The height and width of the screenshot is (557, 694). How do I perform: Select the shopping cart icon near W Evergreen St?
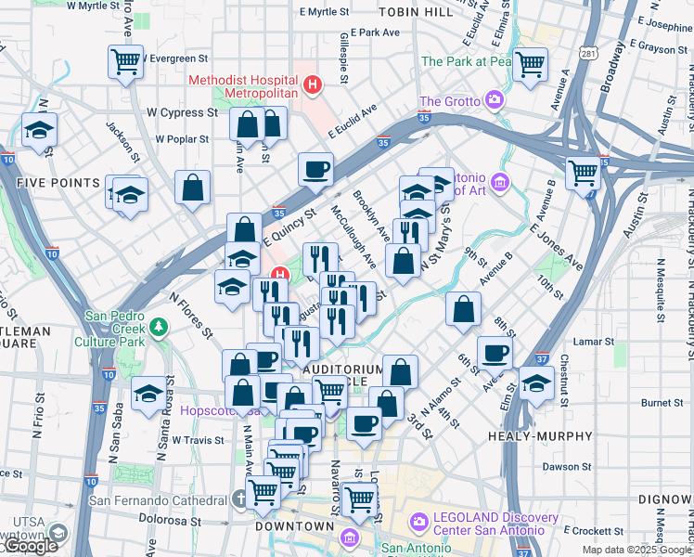[125, 62]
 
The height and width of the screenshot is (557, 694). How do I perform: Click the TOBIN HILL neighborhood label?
[417, 11]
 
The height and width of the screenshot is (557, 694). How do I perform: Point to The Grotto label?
[450, 101]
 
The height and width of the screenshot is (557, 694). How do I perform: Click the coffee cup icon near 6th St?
[495, 353]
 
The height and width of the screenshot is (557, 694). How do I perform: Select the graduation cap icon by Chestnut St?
[536, 382]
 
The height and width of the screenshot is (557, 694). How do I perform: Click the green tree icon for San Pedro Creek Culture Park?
[159, 327]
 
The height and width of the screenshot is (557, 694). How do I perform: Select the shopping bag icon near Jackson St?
[191, 187]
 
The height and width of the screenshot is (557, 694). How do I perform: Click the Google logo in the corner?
[30, 546]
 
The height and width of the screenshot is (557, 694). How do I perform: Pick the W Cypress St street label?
[182, 113]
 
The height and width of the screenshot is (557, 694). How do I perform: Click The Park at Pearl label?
[467, 61]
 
